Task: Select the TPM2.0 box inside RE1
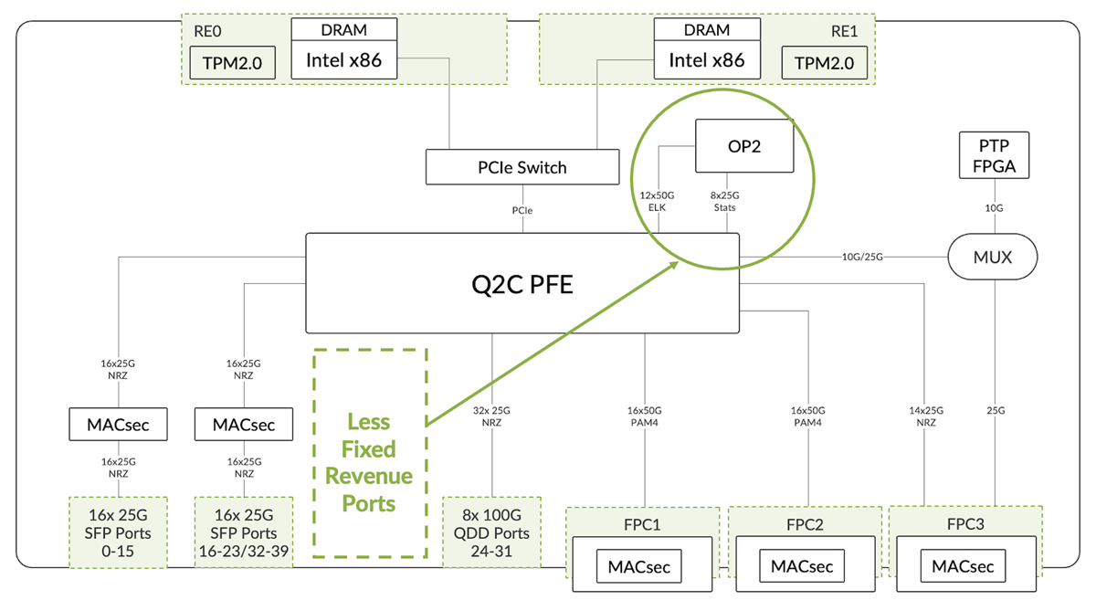(x=824, y=63)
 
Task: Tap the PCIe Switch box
(x=522, y=167)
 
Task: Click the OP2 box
(x=743, y=146)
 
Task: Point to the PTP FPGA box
(x=994, y=155)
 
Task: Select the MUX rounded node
(x=993, y=257)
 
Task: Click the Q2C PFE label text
(x=522, y=284)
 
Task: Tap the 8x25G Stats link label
(x=723, y=202)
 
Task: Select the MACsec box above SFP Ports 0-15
(x=118, y=425)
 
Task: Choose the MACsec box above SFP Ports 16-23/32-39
(x=243, y=425)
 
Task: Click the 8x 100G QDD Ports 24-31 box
(x=492, y=532)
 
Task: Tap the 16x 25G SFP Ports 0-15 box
(x=119, y=532)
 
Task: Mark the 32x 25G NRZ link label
(x=493, y=416)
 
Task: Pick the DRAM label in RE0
(x=343, y=29)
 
